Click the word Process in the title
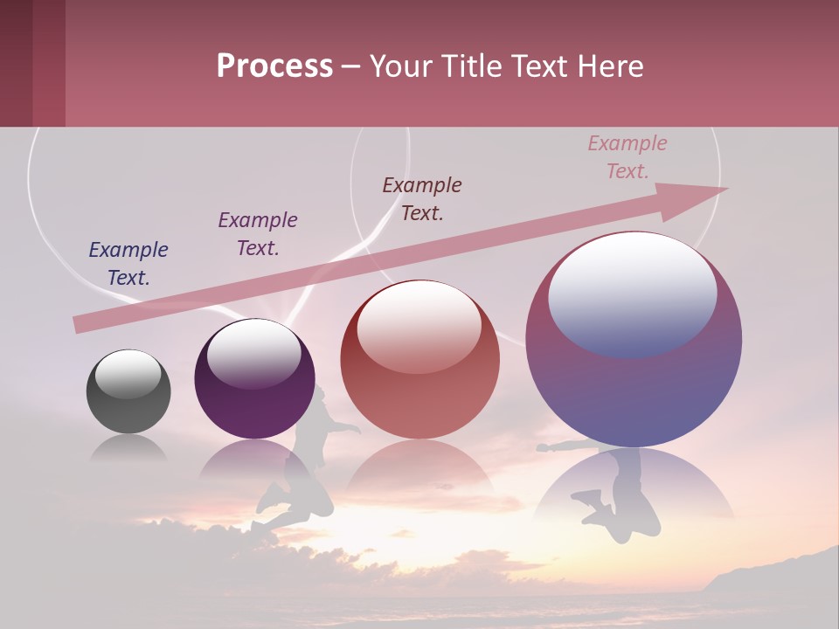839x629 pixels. pos(274,66)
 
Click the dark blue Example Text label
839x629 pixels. pos(128,264)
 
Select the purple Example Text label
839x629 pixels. pos(258,234)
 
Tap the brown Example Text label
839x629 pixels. pos(422,199)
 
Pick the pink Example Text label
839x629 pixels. pos(628,157)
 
